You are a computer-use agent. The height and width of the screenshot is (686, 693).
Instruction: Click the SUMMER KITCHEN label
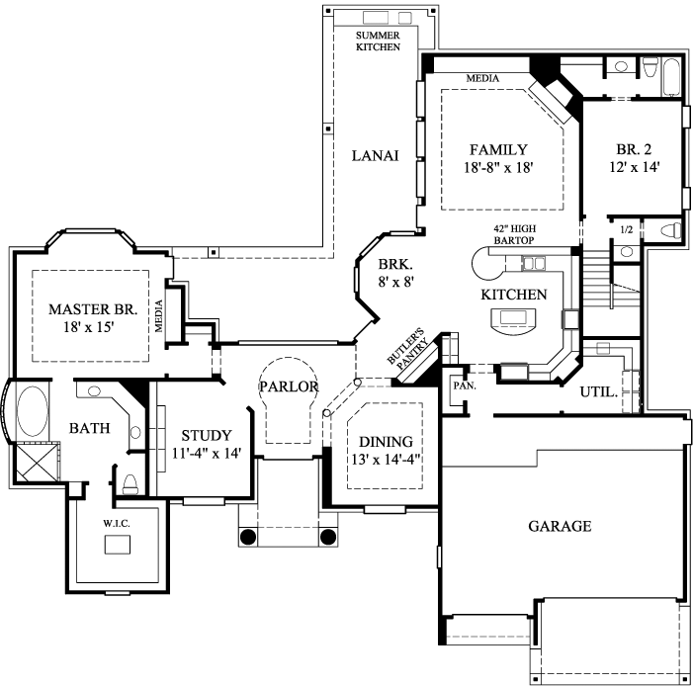tap(378, 41)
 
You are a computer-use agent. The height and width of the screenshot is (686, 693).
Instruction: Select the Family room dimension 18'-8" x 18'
tap(498, 168)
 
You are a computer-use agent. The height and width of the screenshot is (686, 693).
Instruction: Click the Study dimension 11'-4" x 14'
tap(206, 454)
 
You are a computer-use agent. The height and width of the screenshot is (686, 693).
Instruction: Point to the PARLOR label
tap(289, 386)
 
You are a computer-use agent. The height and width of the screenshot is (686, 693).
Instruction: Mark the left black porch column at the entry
tap(247, 537)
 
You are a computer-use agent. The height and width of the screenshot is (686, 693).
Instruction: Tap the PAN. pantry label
tap(464, 386)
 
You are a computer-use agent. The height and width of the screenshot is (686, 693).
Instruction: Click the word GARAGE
tap(560, 527)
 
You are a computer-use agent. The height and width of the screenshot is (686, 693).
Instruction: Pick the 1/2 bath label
tap(625, 230)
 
